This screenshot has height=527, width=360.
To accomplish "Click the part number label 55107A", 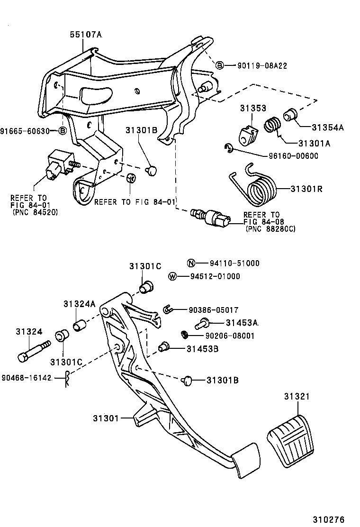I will pyautogui.click(x=86, y=35).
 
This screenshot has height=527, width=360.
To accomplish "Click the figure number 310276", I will pyautogui.click(x=328, y=519).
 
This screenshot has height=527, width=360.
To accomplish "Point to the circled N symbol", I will pyautogui.click(x=190, y=263).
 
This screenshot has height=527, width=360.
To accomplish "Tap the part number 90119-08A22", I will pyautogui.click(x=262, y=65).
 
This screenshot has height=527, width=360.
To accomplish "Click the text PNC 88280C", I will pyautogui.click(x=270, y=229).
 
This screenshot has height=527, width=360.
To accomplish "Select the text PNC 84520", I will pyautogui.click(x=35, y=213).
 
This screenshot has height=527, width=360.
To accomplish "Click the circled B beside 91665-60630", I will pyautogui.click(x=63, y=131).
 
